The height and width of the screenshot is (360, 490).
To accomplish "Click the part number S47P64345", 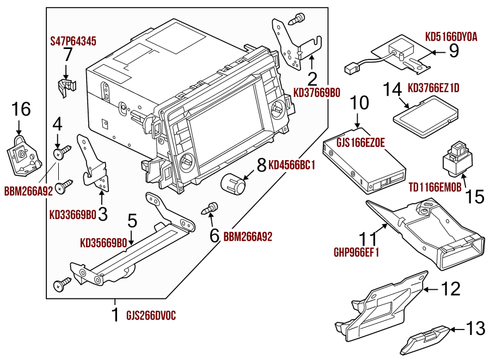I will (73, 41).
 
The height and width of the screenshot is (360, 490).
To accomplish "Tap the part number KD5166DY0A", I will (451, 37).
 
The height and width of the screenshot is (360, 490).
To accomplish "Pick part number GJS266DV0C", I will (151, 315).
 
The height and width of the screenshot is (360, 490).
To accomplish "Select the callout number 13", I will (475, 328).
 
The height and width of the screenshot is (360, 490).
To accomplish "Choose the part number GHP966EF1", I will (356, 253).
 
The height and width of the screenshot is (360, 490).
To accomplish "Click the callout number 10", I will (359, 103).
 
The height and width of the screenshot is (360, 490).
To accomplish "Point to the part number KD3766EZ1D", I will (433, 88).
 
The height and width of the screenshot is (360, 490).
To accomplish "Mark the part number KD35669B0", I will (103, 242).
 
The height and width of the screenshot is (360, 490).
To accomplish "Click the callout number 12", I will (450, 289).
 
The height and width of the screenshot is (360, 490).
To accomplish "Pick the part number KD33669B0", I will (72, 215).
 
